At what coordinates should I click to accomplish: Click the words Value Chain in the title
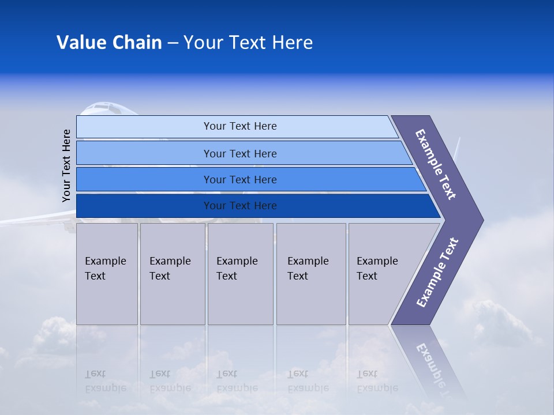coord(109,43)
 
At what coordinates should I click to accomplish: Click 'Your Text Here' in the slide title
coord(248,43)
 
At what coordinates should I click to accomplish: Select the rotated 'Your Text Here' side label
coord(66,165)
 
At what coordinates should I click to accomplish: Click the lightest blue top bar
coord(239,126)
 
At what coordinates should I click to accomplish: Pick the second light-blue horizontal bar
coord(239,153)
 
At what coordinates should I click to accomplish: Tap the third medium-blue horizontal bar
coord(239,179)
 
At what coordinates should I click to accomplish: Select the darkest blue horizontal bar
coord(239,206)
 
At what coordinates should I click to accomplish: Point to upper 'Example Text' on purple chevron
coord(436,164)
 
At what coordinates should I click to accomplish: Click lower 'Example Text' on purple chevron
coord(437,273)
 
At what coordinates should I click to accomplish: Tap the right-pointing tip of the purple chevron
coord(480,220)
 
